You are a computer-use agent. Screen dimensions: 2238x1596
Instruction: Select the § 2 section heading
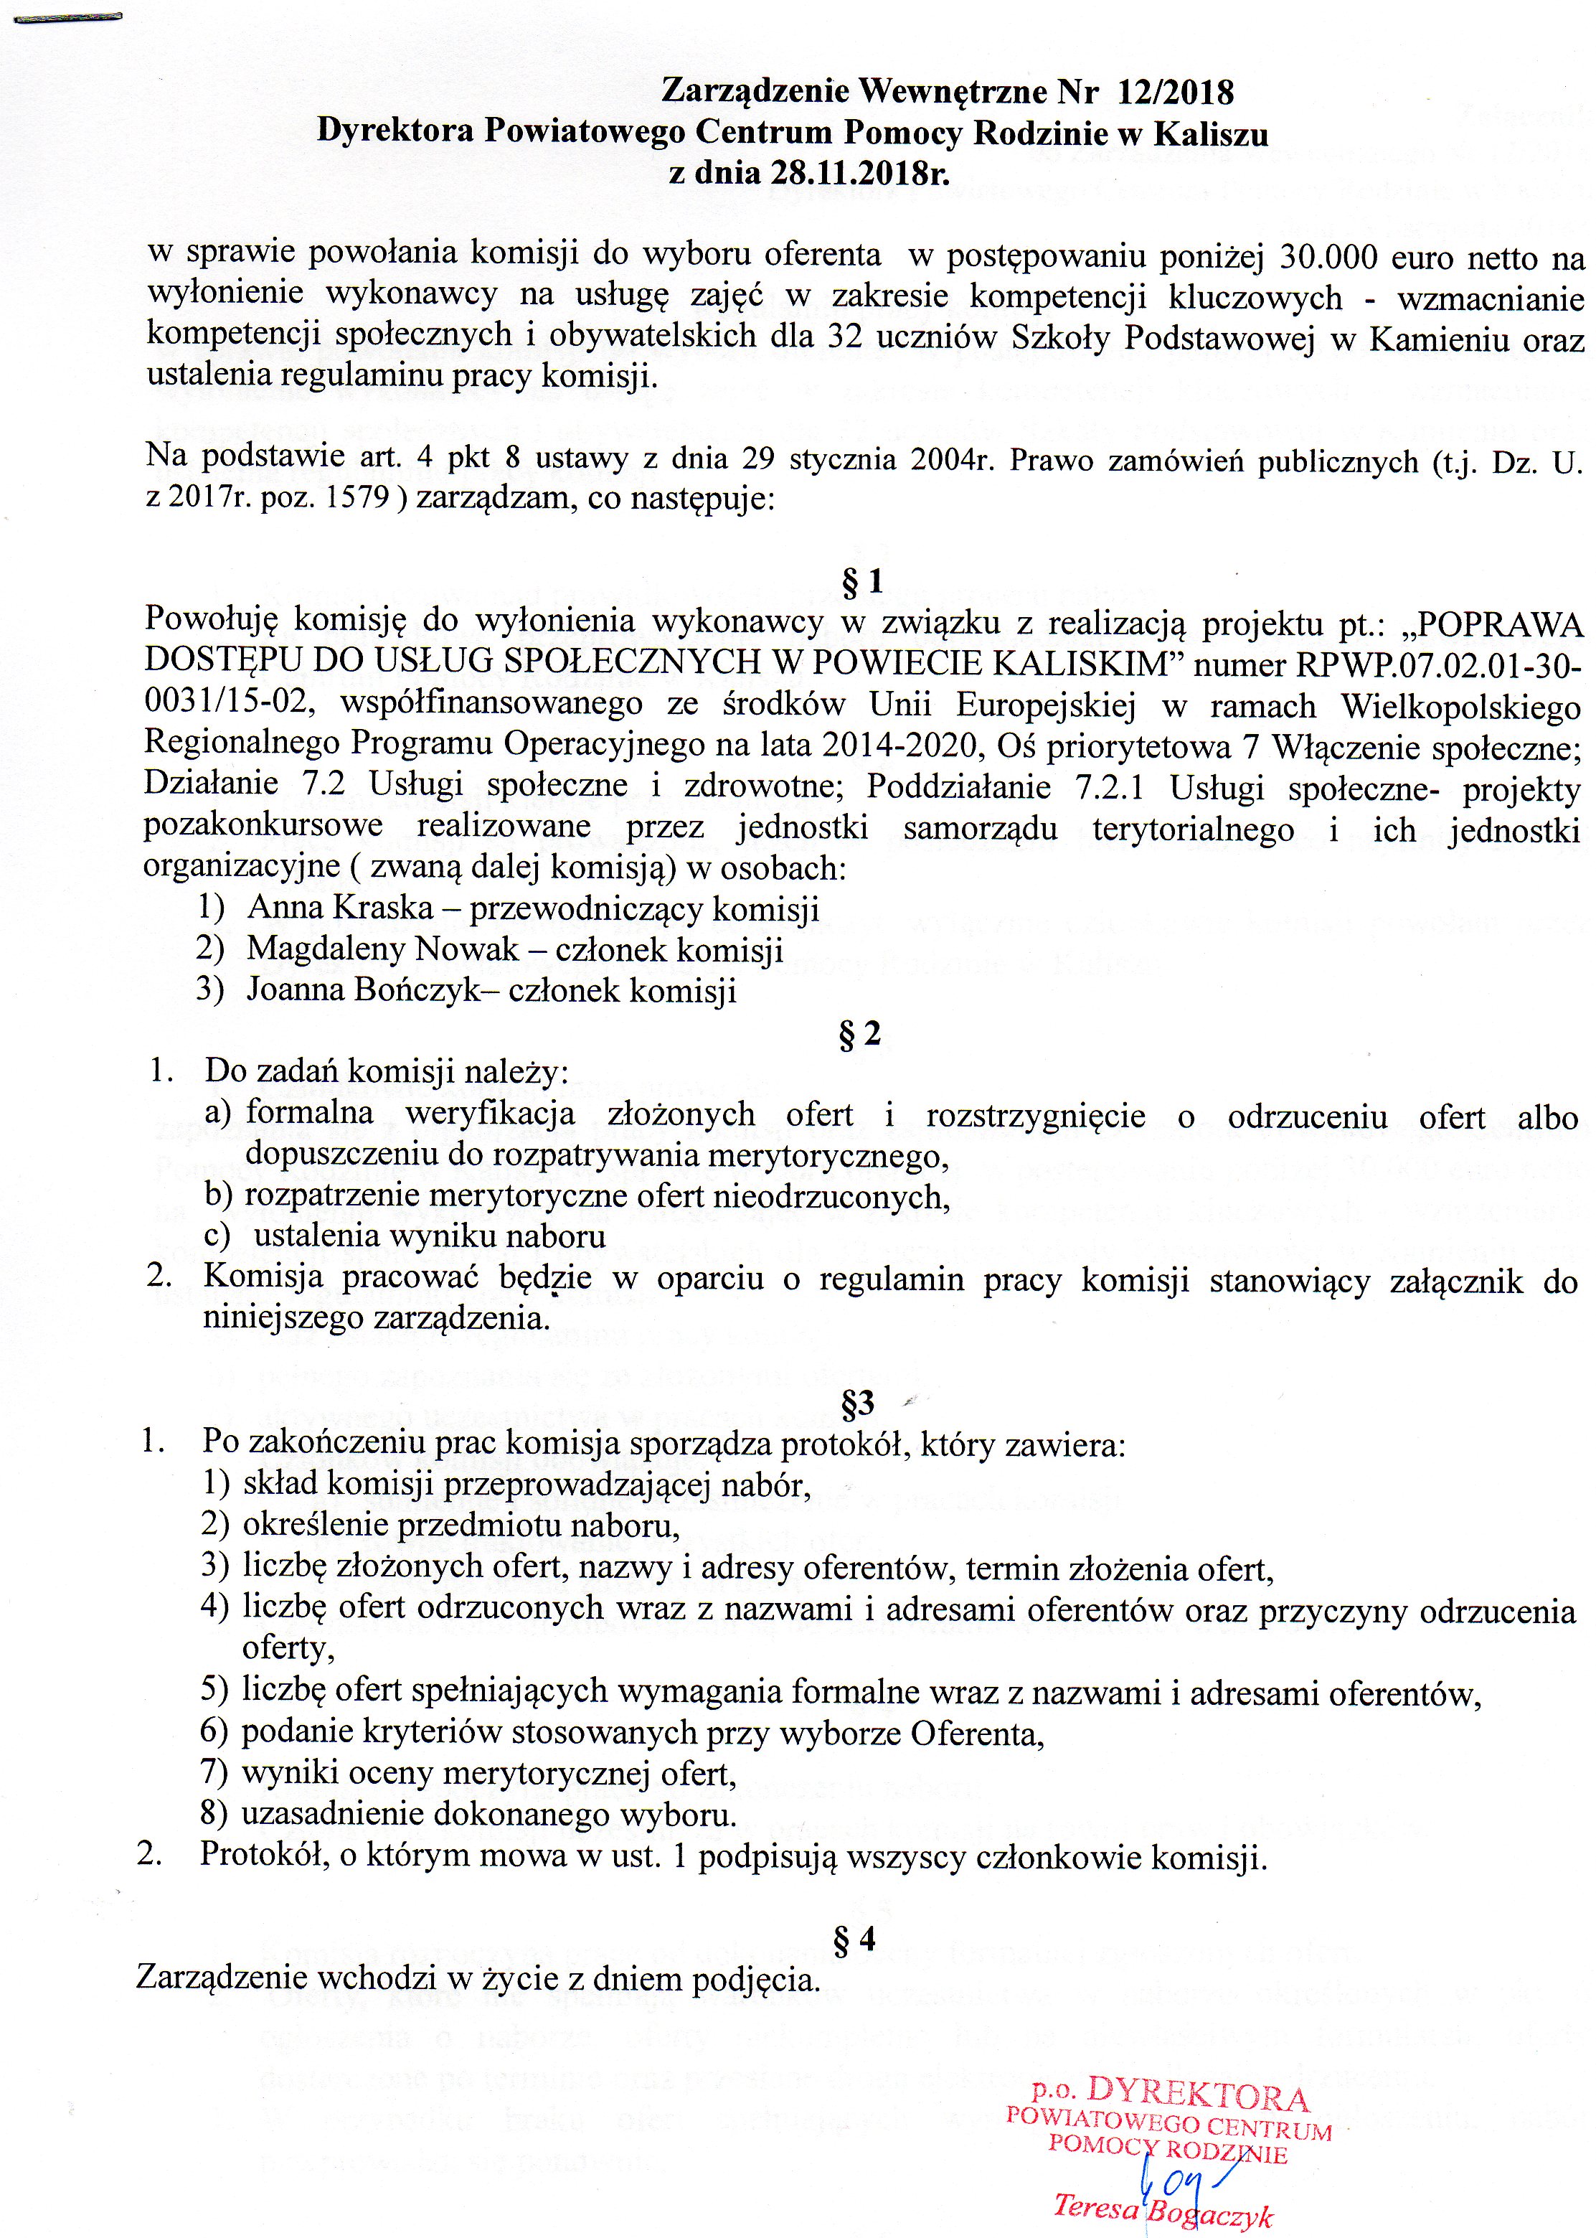(x=860, y=1034)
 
